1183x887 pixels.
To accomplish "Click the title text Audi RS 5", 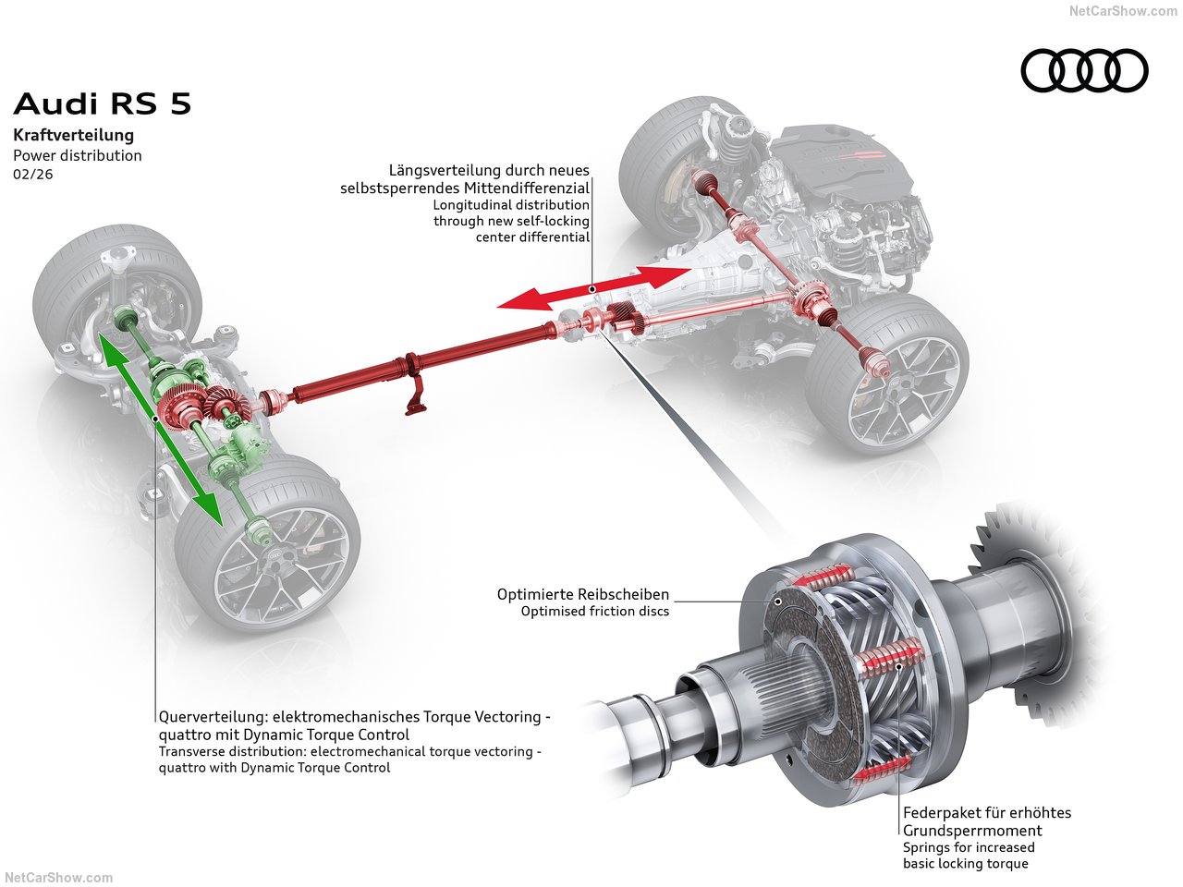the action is [103, 103].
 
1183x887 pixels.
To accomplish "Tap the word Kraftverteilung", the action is [73, 135].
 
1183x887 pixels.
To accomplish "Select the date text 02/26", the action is [33, 174].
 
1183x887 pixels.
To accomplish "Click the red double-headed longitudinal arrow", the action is [592, 287].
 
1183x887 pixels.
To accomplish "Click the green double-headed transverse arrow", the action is [160, 429].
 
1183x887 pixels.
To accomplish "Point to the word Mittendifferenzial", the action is [525, 188].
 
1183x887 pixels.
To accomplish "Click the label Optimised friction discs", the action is [595, 612].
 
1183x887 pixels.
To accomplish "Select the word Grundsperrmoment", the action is [973, 831].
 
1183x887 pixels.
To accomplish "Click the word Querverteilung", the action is [208, 717].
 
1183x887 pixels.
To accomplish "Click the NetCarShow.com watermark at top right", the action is [1123, 11].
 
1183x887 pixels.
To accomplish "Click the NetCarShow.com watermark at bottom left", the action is [59, 878].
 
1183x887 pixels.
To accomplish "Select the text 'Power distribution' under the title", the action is [78, 155].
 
